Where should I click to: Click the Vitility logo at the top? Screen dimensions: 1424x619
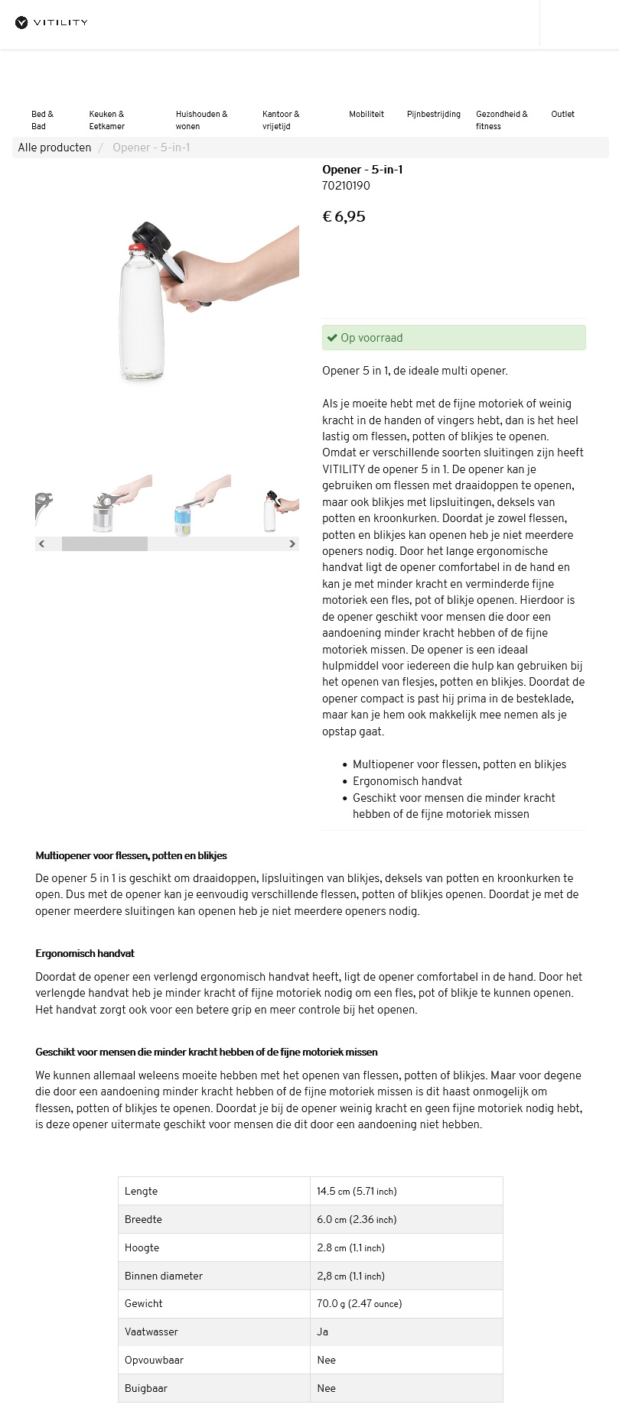pos(52,23)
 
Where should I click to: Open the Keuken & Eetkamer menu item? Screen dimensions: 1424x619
pos(106,120)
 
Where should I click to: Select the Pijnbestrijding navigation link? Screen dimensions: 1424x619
pos(433,114)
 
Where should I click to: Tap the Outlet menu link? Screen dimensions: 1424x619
pos(562,114)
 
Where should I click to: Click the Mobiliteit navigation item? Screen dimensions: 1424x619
pos(367,114)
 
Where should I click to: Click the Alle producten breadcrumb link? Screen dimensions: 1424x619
pos(54,148)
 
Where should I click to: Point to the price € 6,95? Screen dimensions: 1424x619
pos(344,216)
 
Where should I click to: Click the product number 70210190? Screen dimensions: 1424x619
pos(346,186)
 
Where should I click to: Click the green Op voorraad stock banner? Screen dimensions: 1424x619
pos(454,338)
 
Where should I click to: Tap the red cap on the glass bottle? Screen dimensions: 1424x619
pos(136,246)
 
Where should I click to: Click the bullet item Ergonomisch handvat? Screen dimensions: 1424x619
pos(407,781)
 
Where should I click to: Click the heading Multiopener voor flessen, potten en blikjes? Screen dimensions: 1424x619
pos(131,855)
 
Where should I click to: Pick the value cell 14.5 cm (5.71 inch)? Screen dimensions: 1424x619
pos(357,1191)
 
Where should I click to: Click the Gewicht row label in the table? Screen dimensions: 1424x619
pos(144,1303)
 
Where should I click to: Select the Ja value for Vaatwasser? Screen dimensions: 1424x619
pos(322,1332)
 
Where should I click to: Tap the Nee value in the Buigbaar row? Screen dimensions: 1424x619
pos(326,1388)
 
